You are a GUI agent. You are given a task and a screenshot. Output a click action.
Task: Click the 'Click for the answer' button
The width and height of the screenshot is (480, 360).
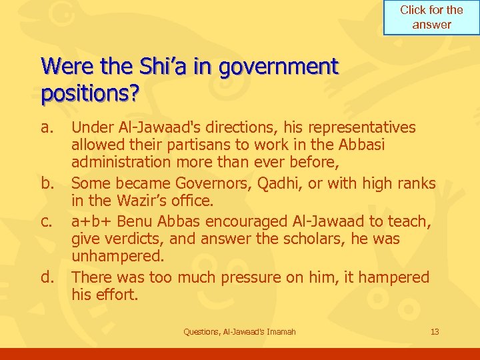tap(431, 17)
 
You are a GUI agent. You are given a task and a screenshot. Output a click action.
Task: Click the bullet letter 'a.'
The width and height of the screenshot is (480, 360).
tap(46, 127)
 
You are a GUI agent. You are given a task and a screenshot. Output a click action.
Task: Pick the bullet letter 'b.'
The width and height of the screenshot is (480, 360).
tap(47, 183)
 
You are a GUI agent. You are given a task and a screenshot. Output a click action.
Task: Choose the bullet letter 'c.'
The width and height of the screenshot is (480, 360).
tap(46, 221)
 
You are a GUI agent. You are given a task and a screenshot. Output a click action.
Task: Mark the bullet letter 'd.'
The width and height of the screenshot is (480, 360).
tap(47, 277)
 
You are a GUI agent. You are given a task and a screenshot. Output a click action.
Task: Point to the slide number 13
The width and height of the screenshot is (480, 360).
tap(435, 331)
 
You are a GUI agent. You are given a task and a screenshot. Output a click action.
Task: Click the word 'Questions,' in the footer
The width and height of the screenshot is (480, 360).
tap(202, 331)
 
